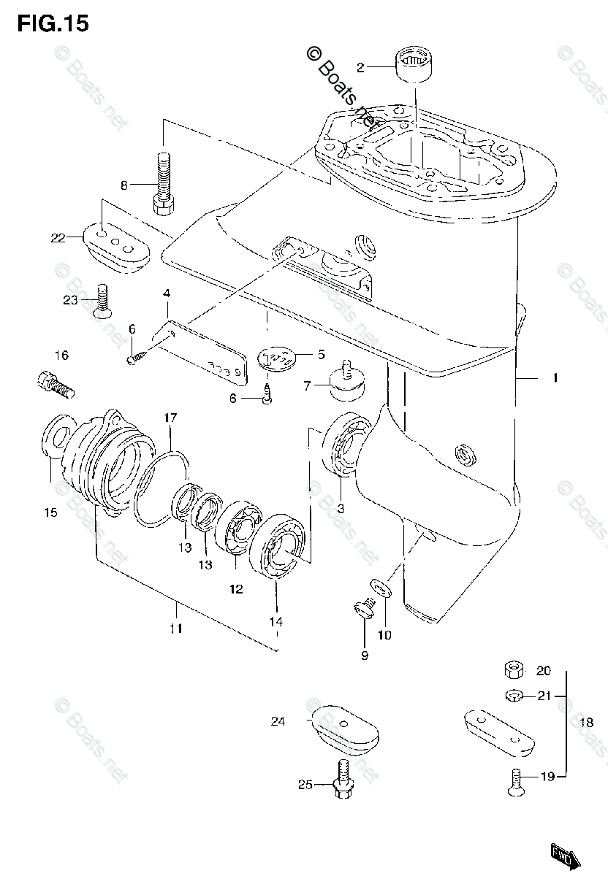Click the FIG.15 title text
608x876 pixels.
click(x=53, y=23)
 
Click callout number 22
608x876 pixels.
click(x=58, y=237)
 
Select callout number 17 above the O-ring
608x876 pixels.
click(x=170, y=418)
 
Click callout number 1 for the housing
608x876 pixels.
click(x=555, y=378)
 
